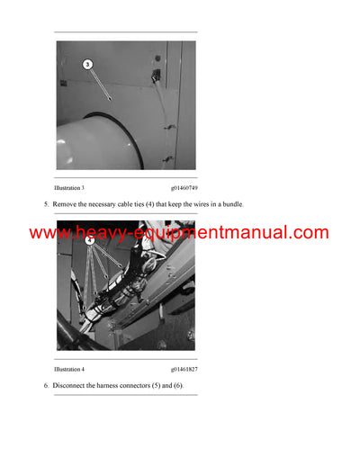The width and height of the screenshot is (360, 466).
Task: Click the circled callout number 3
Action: tap(87, 64)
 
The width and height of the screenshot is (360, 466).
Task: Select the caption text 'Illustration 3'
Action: tap(69, 187)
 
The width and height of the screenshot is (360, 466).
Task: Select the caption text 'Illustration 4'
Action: tap(69, 369)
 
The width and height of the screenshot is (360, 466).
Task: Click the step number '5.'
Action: tap(46, 204)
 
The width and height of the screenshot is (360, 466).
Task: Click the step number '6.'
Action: tap(46, 385)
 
